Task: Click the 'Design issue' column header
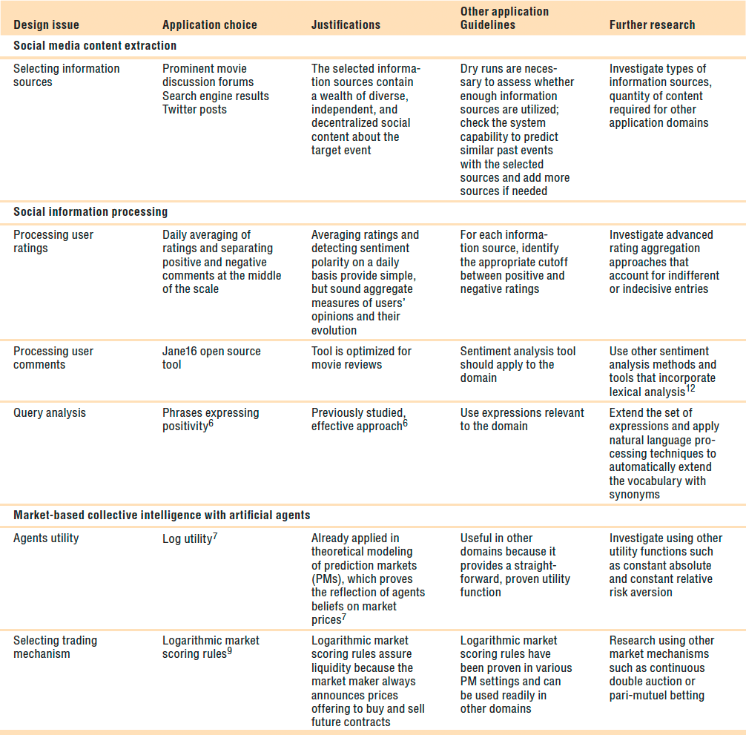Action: click(x=46, y=24)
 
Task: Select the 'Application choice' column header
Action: click(x=210, y=24)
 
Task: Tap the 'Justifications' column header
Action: click(x=346, y=24)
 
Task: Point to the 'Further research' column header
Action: click(x=652, y=24)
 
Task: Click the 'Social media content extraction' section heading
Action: click(x=95, y=46)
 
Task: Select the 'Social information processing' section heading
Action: click(x=90, y=212)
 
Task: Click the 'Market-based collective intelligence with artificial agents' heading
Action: click(x=162, y=515)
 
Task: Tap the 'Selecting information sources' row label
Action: click(x=66, y=75)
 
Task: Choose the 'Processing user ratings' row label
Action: click(x=53, y=241)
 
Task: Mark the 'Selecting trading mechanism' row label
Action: click(x=55, y=647)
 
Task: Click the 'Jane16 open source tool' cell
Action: click(x=211, y=357)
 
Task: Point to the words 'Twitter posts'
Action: click(x=194, y=110)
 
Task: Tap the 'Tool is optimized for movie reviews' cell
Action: click(x=361, y=357)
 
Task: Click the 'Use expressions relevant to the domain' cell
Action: click(x=522, y=419)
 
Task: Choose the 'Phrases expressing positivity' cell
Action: click(x=211, y=419)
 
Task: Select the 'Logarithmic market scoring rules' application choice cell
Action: click(x=211, y=647)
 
